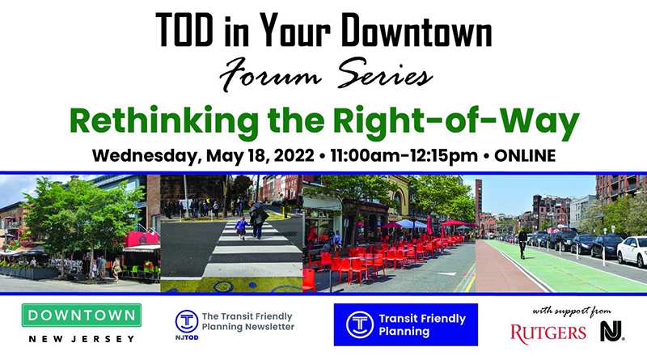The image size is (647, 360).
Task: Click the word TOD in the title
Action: click(x=184, y=30)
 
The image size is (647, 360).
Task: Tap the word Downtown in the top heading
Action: click(x=417, y=30)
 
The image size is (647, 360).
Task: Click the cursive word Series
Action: click(x=385, y=74)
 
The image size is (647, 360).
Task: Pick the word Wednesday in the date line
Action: click(x=146, y=156)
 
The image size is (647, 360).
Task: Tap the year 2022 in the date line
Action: click(x=294, y=155)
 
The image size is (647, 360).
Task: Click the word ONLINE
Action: click(x=525, y=155)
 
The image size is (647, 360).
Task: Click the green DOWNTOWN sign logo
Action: click(x=82, y=316)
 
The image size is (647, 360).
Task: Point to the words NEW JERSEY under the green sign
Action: click(x=82, y=339)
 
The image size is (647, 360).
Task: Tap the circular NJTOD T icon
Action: click(x=187, y=322)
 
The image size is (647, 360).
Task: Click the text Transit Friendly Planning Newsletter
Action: click(x=248, y=322)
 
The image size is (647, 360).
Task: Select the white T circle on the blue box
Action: click(x=360, y=324)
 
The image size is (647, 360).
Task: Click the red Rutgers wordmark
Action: click(x=548, y=333)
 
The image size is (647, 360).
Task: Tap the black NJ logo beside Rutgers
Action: click(x=612, y=331)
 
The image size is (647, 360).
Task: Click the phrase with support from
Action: click(x=572, y=311)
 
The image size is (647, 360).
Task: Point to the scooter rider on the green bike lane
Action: click(x=522, y=244)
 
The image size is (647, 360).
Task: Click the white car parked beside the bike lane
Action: click(x=632, y=252)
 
